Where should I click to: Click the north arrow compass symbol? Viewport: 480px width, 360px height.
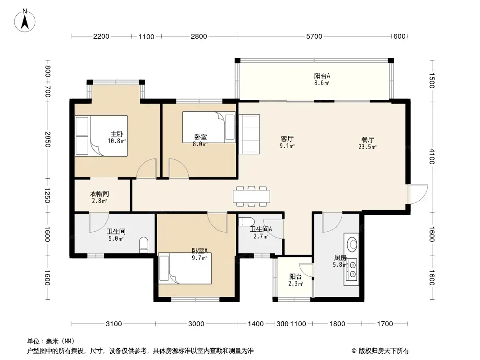point(25,20)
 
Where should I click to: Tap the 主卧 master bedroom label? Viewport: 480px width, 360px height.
point(117,134)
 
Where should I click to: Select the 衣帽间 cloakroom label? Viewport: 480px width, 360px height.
point(99,193)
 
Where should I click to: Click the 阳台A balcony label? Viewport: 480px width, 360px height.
point(322,76)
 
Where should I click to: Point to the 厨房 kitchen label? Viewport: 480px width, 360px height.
point(340,257)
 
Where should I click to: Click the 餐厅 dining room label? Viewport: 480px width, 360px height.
point(367,140)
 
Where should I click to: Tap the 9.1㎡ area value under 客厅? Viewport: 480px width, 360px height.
point(287,146)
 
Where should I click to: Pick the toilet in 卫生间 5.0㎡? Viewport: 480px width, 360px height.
point(144,245)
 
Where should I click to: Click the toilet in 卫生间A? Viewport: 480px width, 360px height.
point(246,221)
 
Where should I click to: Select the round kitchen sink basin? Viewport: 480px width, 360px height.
point(352,244)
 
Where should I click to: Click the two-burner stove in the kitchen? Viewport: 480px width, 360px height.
point(353,270)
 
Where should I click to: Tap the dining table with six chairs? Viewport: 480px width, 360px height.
point(251,196)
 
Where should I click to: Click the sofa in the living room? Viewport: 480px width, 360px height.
point(249,134)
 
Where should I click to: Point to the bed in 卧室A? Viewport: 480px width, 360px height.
point(185,268)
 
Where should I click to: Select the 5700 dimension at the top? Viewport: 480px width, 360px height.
point(314,36)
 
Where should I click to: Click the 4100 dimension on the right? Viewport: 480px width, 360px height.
point(432,156)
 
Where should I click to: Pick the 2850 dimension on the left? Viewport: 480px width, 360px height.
point(47,139)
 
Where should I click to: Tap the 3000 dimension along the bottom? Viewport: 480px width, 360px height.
point(196,324)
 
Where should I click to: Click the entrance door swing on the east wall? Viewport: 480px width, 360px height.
point(418,194)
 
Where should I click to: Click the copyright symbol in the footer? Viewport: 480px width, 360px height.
point(354,351)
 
